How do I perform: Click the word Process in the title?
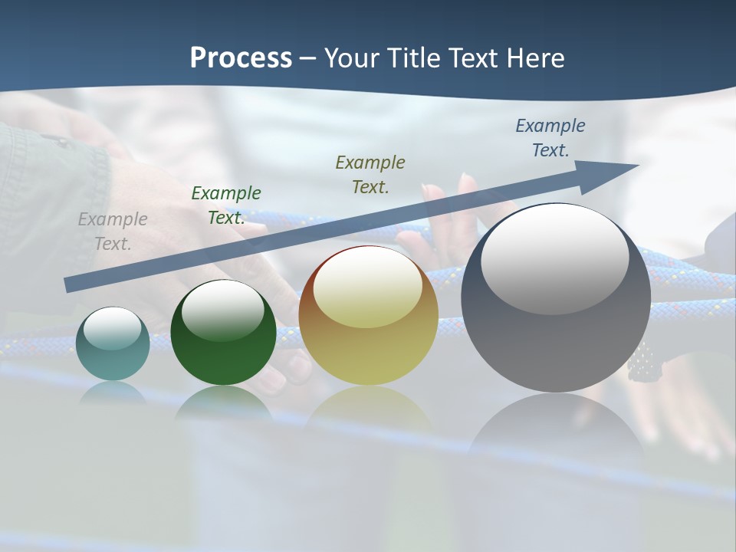click(241, 58)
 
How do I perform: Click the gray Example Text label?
click(113, 232)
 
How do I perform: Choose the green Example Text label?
click(226, 205)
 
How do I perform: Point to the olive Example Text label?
click(370, 174)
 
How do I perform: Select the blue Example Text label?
click(550, 138)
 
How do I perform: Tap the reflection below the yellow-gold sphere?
click(368, 414)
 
